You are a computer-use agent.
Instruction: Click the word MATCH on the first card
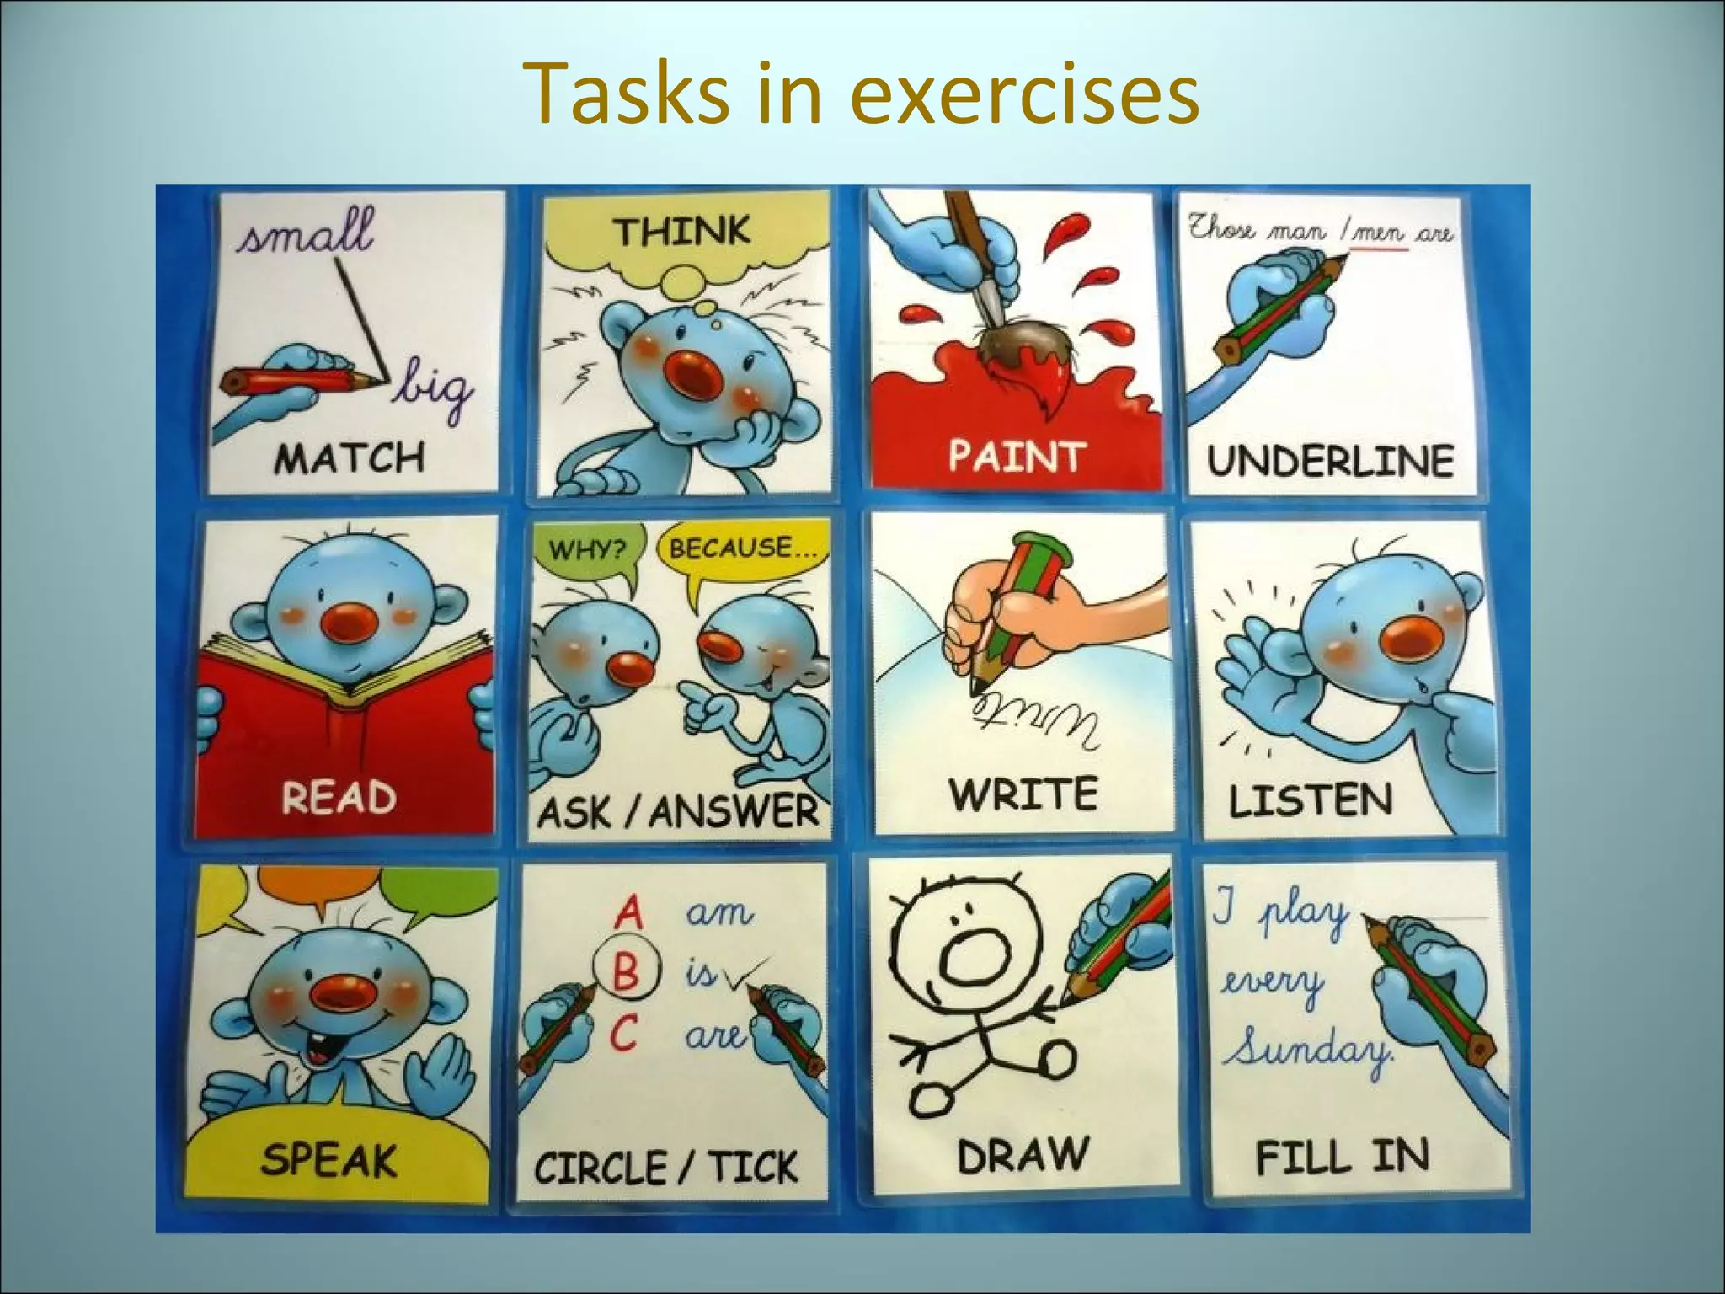349,459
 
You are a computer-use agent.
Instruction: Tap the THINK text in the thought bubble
681,231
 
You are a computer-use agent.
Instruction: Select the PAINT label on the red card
1014,456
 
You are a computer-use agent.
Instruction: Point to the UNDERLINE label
1330,460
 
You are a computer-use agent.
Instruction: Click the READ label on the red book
339,797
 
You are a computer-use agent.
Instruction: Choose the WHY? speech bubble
587,551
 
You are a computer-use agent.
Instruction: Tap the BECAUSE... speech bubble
741,549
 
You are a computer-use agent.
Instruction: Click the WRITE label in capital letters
1023,794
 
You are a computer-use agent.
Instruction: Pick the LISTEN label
1310,800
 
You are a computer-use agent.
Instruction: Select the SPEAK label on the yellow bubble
328,1160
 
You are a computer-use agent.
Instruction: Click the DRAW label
1022,1154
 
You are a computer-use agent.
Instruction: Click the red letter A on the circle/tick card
628,912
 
